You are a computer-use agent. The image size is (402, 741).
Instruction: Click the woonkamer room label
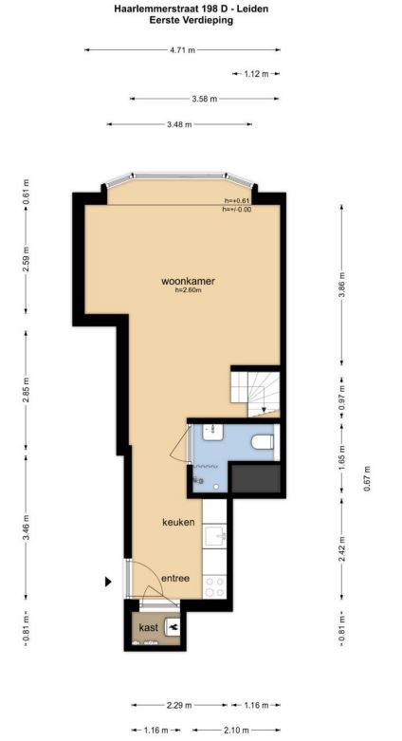point(188,281)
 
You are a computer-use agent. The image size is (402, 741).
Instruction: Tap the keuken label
point(178,522)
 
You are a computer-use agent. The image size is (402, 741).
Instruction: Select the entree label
point(175,578)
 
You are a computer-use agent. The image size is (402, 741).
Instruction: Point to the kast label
point(148,628)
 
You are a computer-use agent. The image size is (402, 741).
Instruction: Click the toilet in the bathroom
point(263,442)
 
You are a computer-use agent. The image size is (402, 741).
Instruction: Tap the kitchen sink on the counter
point(215,535)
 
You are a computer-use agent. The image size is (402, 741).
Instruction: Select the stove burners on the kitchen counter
point(214,586)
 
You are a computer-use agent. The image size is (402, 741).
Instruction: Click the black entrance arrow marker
point(108,582)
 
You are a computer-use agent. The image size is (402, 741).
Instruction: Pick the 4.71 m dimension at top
point(182,50)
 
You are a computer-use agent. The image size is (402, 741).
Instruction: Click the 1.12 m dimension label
point(256,74)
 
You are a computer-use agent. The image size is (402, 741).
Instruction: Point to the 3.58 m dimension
point(205,99)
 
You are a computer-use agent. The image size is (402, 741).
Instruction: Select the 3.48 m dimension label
point(179,124)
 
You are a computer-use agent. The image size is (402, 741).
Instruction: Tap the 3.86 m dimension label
point(342,284)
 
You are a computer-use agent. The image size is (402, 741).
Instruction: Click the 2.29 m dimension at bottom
point(179,706)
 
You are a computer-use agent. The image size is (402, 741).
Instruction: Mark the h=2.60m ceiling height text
point(188,290)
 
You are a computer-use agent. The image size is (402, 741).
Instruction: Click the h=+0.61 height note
point(237,201)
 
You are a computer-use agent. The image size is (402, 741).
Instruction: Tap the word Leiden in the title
point(253,9)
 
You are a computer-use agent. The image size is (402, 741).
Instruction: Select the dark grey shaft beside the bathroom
point(255,478)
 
